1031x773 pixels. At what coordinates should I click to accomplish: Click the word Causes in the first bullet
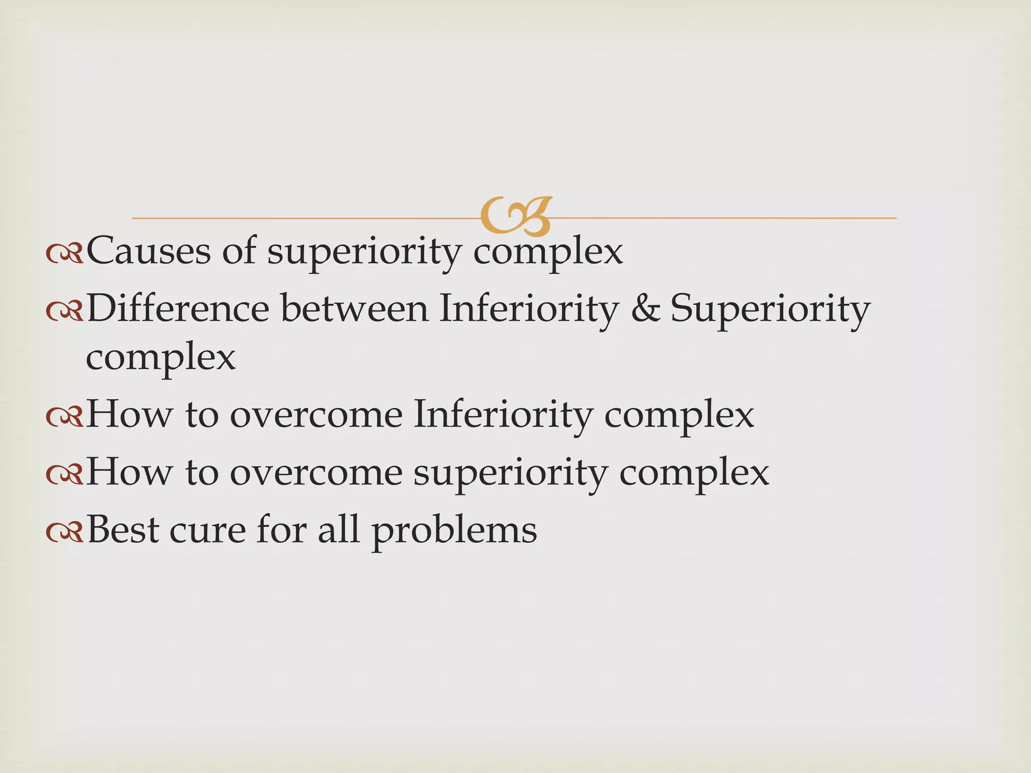[149, 251]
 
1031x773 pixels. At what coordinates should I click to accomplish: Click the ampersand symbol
[645, 308]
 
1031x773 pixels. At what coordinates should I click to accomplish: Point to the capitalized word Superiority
[770, 310]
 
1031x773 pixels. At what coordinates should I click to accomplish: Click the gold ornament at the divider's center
[515, 216]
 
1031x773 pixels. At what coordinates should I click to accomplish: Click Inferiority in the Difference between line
[528, 308]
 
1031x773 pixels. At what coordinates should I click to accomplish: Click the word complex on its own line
[161, 358]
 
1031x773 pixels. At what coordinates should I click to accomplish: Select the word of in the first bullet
[239, 251]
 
